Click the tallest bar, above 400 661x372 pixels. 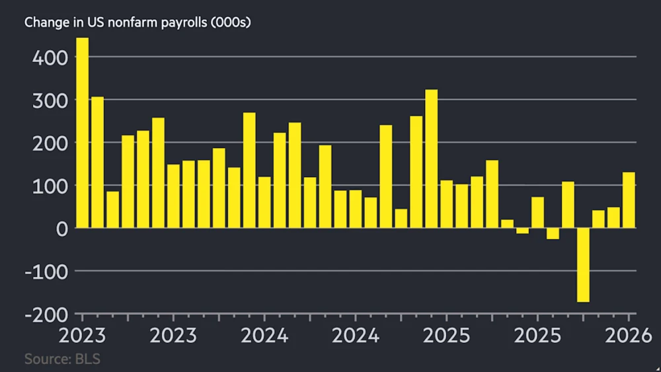(x=83, y=132)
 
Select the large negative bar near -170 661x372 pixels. (x=583, y=264)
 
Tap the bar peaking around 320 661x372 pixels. (x=432, y=159)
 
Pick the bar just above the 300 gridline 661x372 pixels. (x=97, y=162)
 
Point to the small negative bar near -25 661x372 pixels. (x=553, y=233)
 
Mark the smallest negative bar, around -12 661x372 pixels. (x=522, y=231)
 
